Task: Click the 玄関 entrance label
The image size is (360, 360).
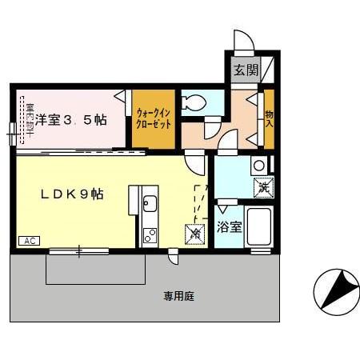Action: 246,70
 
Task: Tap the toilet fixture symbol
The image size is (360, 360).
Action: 192,102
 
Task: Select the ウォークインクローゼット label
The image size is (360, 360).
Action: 152,119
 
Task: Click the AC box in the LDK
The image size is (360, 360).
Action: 28,240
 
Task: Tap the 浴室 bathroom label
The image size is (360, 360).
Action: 230,226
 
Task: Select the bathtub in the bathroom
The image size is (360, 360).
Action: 261,228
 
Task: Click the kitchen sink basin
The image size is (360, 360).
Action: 150,204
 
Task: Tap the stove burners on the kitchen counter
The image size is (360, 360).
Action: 150,235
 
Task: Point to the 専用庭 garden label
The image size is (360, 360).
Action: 179,296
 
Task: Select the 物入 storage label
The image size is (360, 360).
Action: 269,118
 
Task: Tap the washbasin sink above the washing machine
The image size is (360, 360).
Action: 258,166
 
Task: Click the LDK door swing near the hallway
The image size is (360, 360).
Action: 194,162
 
